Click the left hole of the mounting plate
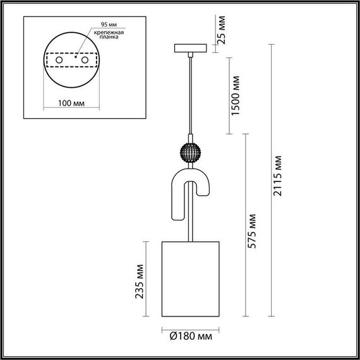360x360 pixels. pos(59,60)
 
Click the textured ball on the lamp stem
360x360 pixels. pos(189,152)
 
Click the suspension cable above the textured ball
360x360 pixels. pos(189,95)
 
